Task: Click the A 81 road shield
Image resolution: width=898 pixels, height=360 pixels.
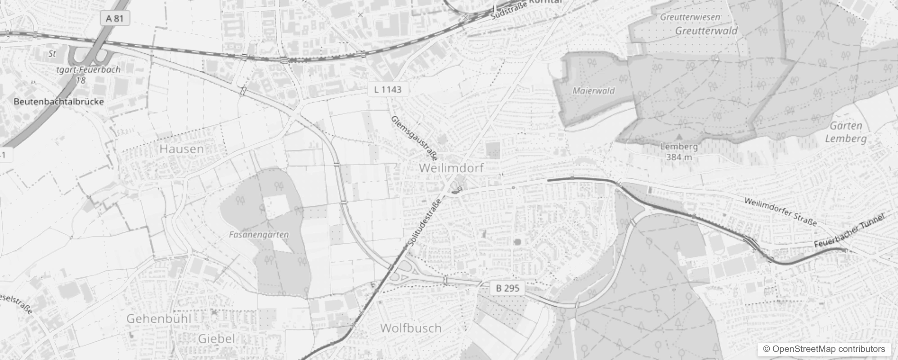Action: pos(114,18)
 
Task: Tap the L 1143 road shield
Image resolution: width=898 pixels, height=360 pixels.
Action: pos(387,89)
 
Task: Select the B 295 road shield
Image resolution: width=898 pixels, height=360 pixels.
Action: pos(507,288)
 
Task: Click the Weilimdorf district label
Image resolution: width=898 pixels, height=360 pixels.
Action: pos(451,168)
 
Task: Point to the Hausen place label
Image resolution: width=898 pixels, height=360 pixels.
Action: pos(181,149)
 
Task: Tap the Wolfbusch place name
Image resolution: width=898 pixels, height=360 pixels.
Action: pos(411,328)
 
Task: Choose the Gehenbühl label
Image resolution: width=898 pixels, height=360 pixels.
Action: pos(159,319)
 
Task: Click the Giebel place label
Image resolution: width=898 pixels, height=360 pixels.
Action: pos(216,338)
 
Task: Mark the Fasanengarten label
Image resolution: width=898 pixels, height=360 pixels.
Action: pos(259,234)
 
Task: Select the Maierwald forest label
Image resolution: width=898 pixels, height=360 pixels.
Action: pos(593,90)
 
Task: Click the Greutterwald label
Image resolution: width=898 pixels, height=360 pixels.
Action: pos(706,31)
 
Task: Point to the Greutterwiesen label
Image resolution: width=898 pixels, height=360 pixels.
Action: pos(690,17)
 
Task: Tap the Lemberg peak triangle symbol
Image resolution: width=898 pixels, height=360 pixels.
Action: pos(679,135)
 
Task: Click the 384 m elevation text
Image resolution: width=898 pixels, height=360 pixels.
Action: pos(679,157)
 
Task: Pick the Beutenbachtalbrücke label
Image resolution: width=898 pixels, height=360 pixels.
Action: pos(58,102)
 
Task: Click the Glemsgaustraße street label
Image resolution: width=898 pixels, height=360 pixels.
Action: pos(414,138)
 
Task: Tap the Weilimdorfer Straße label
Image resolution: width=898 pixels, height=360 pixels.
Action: pos(780,211)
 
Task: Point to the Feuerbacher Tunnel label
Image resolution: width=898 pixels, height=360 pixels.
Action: pos(849,230)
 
